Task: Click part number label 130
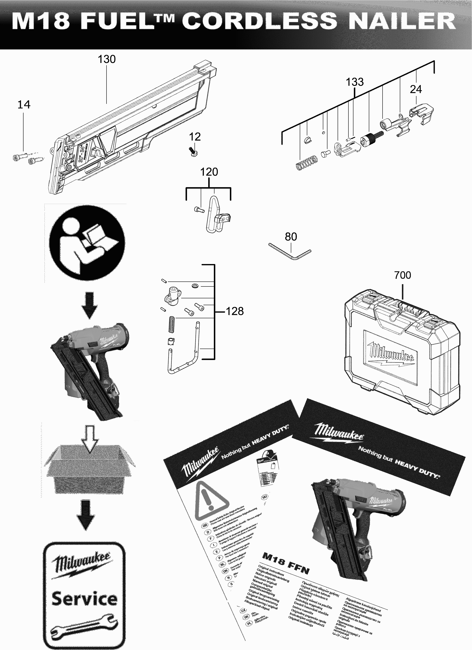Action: (107, 59)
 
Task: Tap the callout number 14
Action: (24, 105)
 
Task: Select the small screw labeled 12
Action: (193, 151)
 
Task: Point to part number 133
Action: (355, 82)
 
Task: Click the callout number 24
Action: (416, 89)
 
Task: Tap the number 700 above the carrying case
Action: (402, 275)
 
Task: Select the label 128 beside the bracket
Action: (235, 311)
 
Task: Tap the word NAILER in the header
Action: (402, 21)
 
